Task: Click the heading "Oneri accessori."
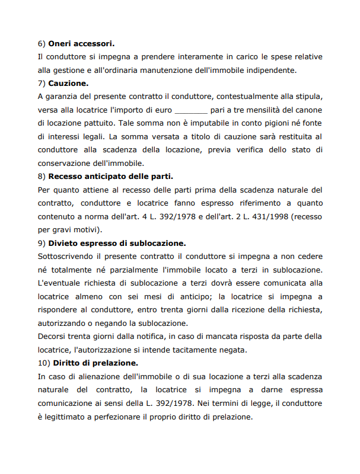(81, 44)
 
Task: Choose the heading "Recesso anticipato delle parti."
(110, 176)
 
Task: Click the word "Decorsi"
(52, 336)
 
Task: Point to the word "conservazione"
(65, 163)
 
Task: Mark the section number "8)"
(42, 176)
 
